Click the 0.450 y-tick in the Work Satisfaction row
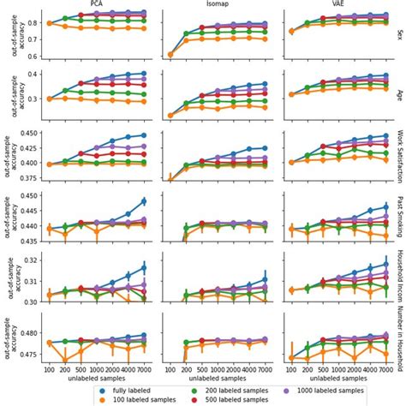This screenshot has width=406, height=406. (x=28, y=134)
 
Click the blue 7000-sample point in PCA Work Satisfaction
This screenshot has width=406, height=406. (x=143, y=135)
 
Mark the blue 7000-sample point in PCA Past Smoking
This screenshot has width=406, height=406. (x=143, y=201)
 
